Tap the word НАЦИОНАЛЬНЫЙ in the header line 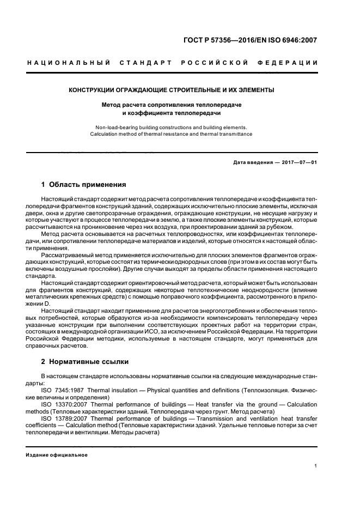69,63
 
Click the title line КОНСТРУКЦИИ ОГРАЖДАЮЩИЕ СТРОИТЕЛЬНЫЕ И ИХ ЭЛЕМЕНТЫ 171,90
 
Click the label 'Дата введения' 252,163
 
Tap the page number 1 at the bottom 316,466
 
